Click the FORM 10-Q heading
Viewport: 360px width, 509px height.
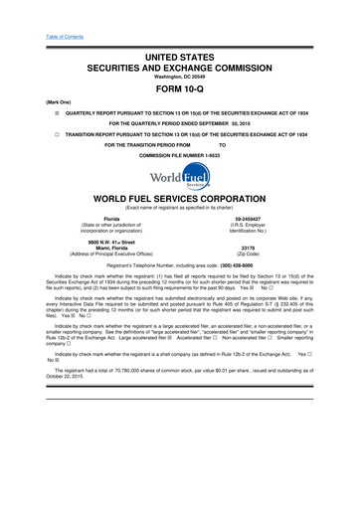(180, 85)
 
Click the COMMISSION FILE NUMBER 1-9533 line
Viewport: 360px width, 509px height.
(180, 157)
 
